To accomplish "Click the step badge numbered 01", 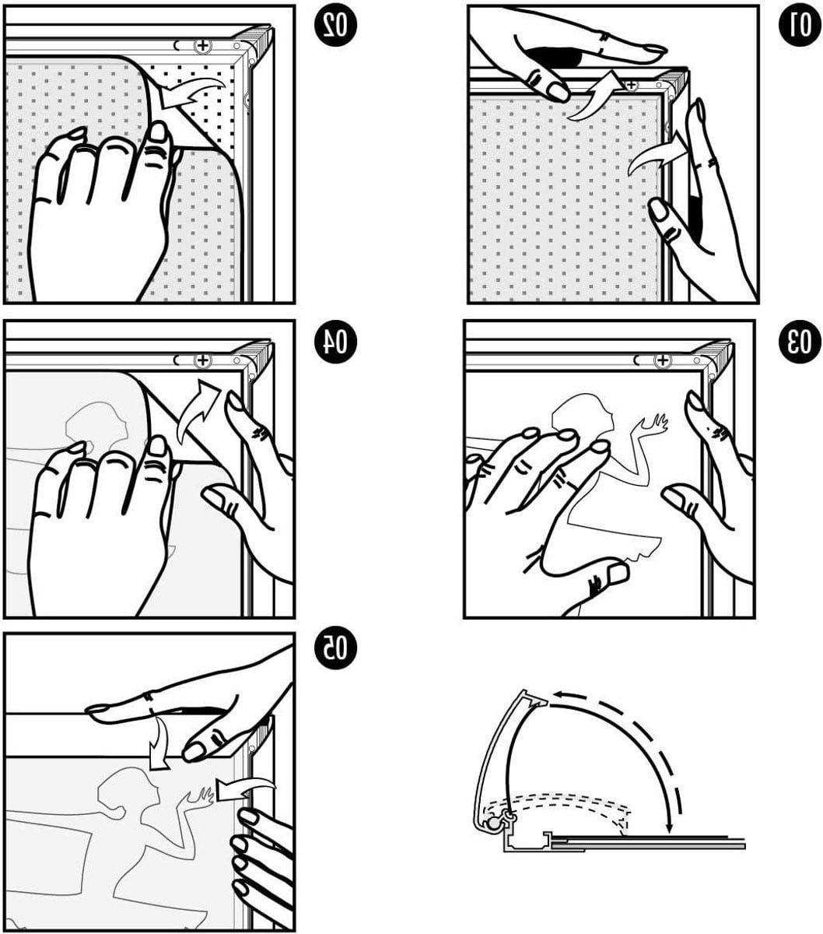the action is click(x=800, y=25).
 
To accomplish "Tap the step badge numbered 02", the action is click(x=335, y=25).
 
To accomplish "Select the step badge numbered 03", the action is click(x=800, y=342).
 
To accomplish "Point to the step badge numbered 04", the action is click(x=335, y=342).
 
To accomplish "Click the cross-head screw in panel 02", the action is click(x=201, y=45).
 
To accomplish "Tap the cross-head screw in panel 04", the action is click(x=201, y=360).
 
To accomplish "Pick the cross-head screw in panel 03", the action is click(x=662, y=360).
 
